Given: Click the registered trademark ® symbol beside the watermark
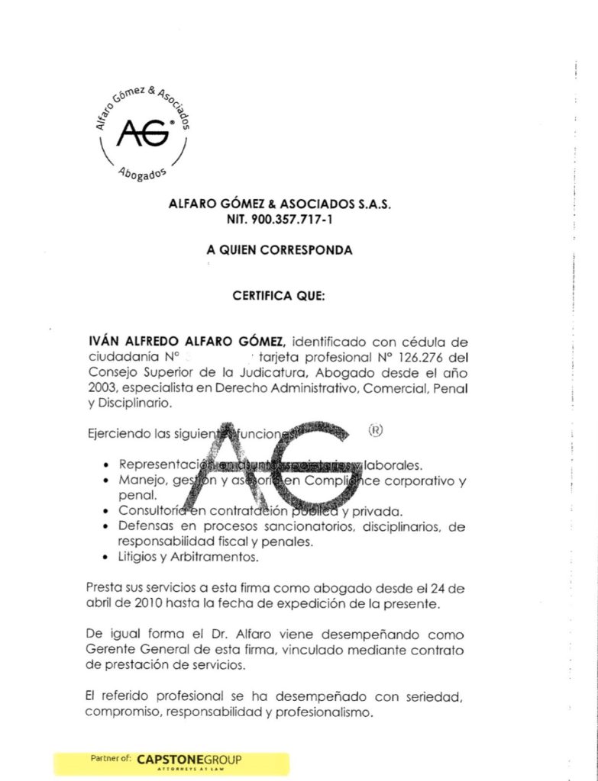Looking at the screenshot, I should click(375, 429).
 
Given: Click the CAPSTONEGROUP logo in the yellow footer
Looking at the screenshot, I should click(189, 760).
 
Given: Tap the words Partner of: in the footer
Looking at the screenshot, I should click(111, 760).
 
